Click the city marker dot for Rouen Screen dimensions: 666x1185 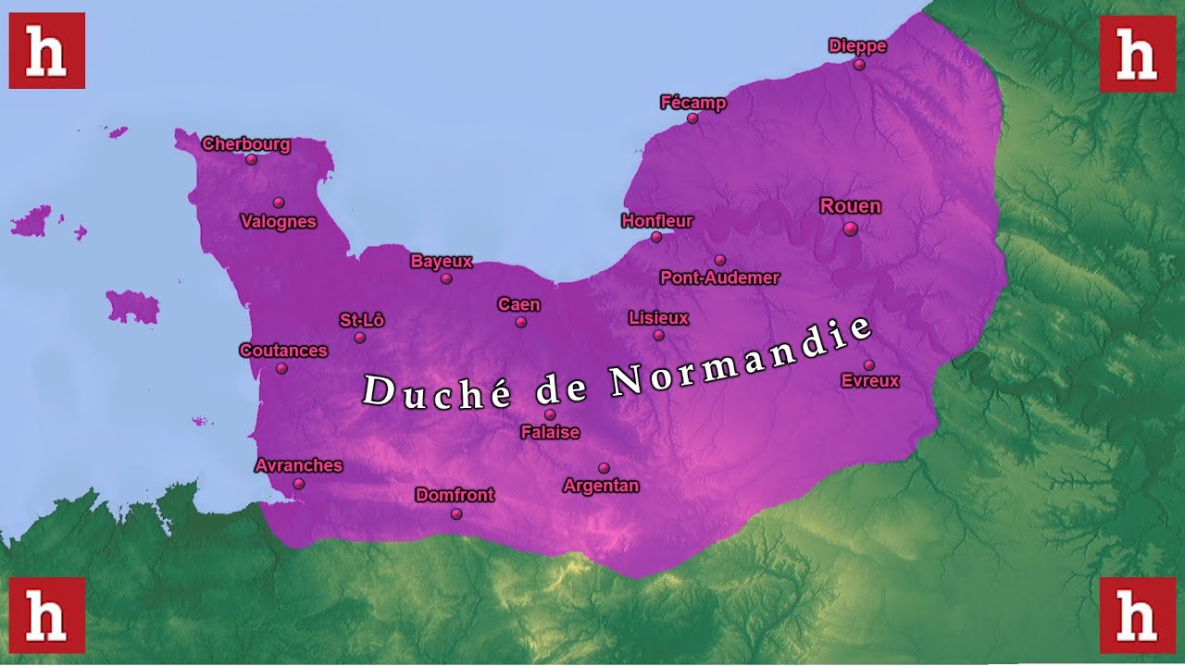850,228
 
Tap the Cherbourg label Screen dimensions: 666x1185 246,144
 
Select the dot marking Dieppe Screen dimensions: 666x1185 859,65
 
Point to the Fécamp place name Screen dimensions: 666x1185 692,103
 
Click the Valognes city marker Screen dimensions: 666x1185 279,203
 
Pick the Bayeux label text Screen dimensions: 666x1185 441,261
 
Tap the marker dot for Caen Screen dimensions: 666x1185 521,322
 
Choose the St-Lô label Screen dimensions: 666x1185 361,320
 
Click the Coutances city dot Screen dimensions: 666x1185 281,368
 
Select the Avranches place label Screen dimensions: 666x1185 298,465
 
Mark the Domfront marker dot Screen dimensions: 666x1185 456,514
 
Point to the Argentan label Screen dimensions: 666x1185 601,486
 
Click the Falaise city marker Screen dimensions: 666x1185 550,414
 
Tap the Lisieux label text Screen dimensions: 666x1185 658,318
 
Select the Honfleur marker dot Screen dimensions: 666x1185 656,237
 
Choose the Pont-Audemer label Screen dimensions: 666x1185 719,277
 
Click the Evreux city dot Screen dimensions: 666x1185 868,364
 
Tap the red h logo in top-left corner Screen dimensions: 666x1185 47,51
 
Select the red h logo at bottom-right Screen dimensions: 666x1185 1137,615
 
